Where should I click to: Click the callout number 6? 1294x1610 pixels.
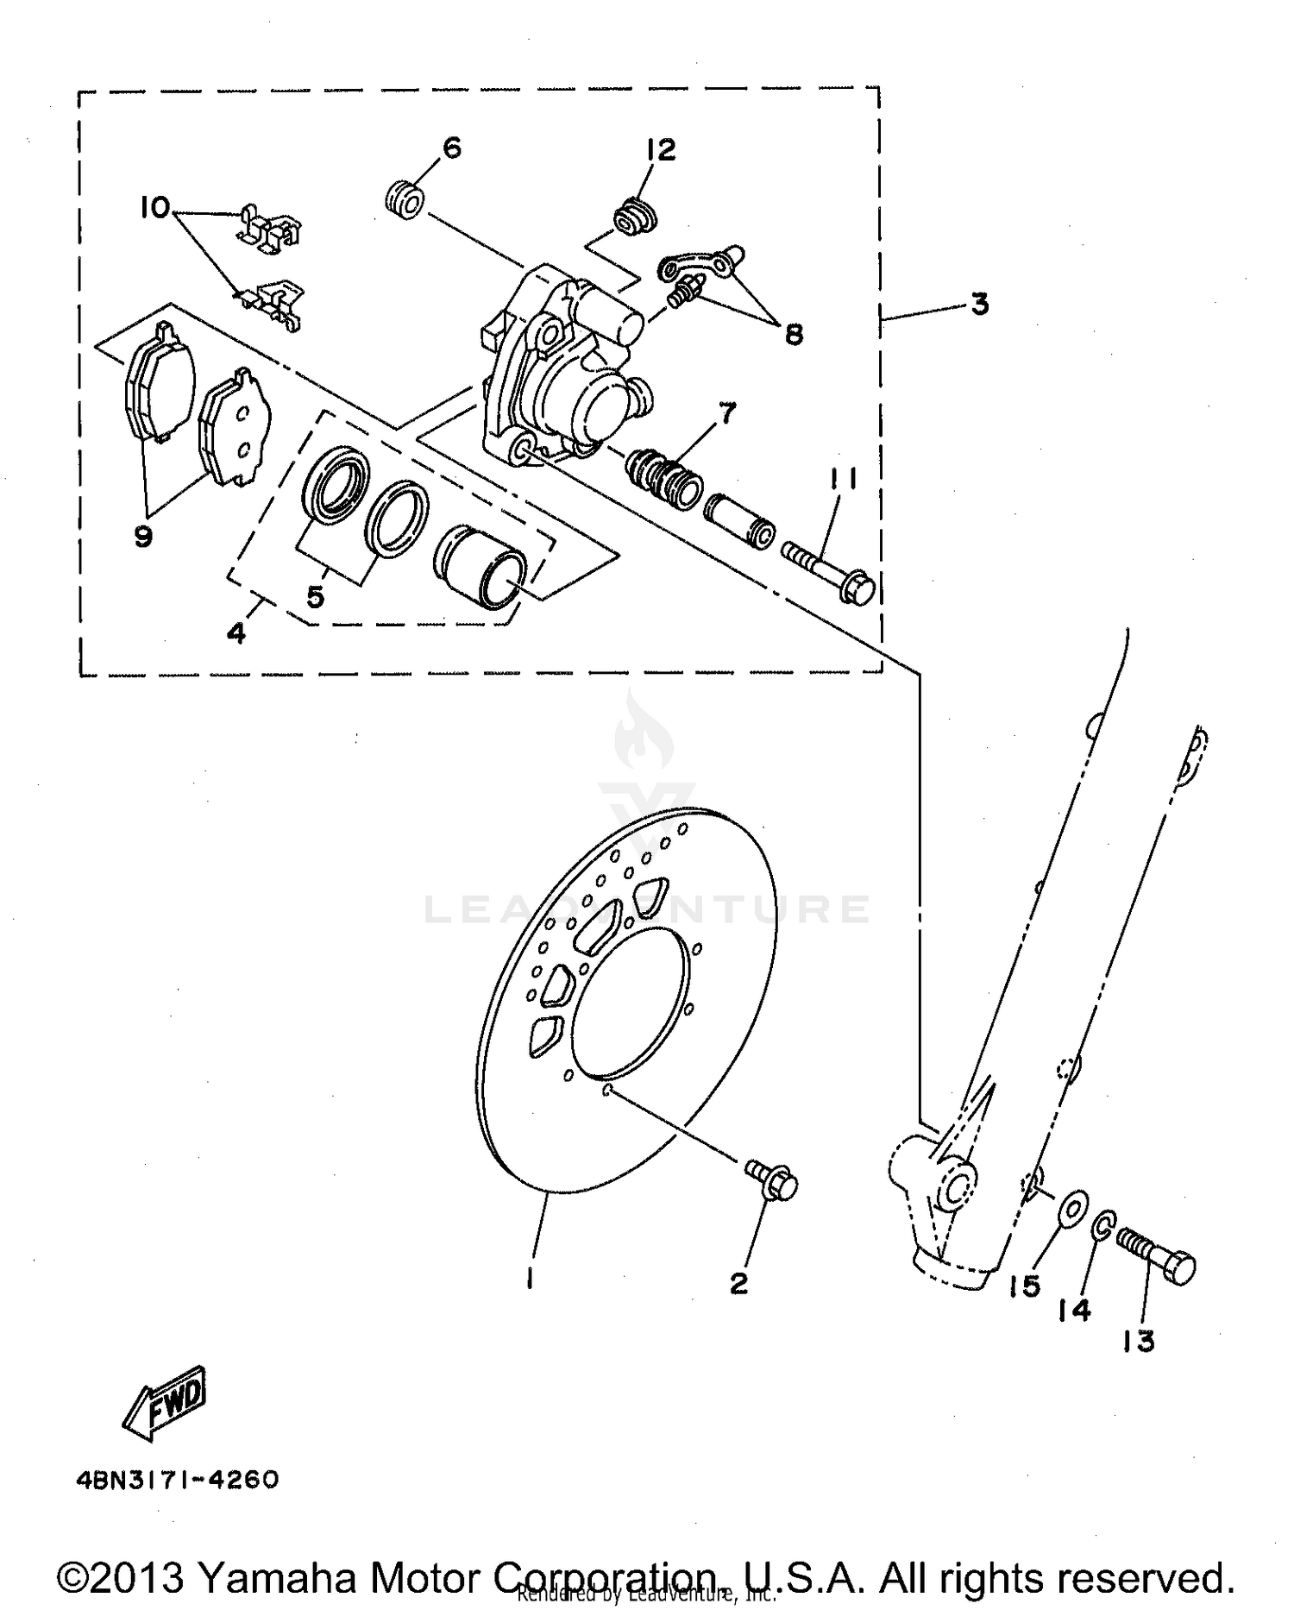(452, 148)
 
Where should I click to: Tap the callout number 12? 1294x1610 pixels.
(662, 150)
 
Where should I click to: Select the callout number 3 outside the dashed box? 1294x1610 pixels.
(979, 305)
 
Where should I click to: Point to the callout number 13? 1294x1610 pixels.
(1140, 1342)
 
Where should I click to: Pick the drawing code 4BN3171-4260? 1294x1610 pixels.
(177, 1481)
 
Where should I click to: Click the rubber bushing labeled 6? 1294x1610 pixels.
(404, 199)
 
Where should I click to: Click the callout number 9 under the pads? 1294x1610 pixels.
(143, 537)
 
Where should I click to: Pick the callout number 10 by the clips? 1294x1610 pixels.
(155, 208)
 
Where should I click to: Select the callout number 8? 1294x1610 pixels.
(794, 334)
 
